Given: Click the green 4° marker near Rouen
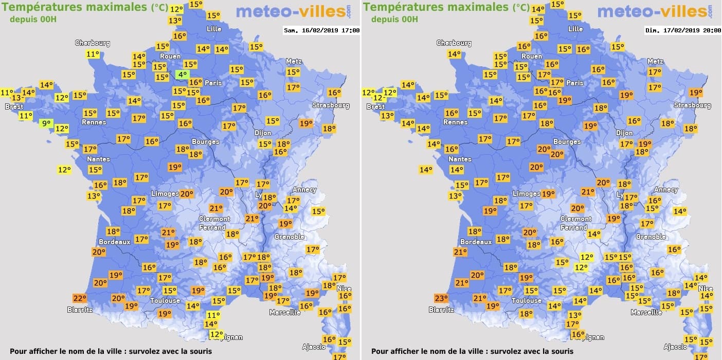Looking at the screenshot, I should (x=182, y=75).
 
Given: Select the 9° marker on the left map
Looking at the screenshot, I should (x=46, y=123).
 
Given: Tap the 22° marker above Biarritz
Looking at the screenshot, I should (x=79, y=298).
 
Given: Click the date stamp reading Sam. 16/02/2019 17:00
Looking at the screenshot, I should (x=322, y=30).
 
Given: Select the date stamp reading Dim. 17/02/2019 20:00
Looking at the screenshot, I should (x=683, y=30).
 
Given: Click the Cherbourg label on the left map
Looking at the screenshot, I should (x=93, y=43).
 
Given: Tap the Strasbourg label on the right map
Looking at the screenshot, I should (x=693, y=105).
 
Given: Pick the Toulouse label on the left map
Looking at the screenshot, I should (x=165, y=300).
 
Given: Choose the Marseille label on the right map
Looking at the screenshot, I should (x=646, y=312).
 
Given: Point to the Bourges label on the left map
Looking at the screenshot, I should (x=206, y=141).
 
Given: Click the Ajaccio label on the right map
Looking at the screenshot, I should (x=675, y=347).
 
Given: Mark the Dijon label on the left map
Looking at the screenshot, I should (x=263, y=133).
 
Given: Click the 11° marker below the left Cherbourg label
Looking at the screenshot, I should (x=93, y=55).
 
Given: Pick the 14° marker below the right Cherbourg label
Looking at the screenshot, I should (x=454, y=55).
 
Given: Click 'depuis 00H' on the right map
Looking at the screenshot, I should (x=394, y=19).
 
